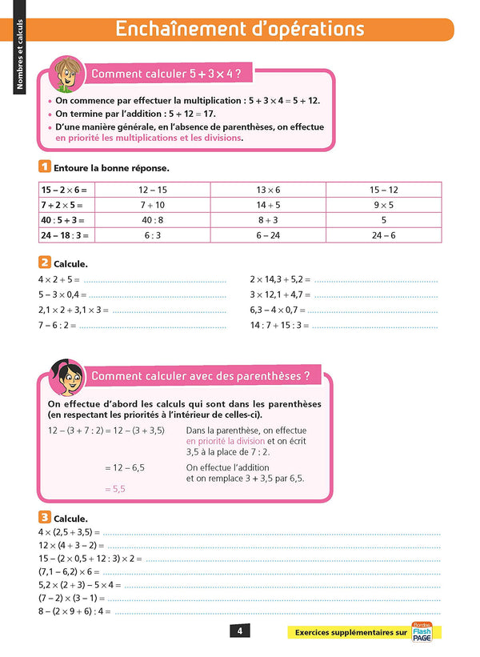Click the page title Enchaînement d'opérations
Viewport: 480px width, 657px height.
point(240,29)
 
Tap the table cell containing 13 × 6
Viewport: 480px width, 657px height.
point(268,190)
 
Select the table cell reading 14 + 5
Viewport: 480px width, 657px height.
point(268,205)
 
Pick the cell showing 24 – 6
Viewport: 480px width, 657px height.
point(383,235)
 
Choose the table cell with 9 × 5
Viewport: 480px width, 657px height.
point(383,205)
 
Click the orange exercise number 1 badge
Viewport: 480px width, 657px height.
point(44,167)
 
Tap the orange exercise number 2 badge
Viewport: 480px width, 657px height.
point(44,262)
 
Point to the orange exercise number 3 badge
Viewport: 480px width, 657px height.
point(44,518)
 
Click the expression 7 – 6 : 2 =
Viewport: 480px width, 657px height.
point(57,325)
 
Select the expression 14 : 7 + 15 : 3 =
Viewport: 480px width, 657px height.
point(279,325)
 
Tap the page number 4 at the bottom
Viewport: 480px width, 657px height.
point(239,631)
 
